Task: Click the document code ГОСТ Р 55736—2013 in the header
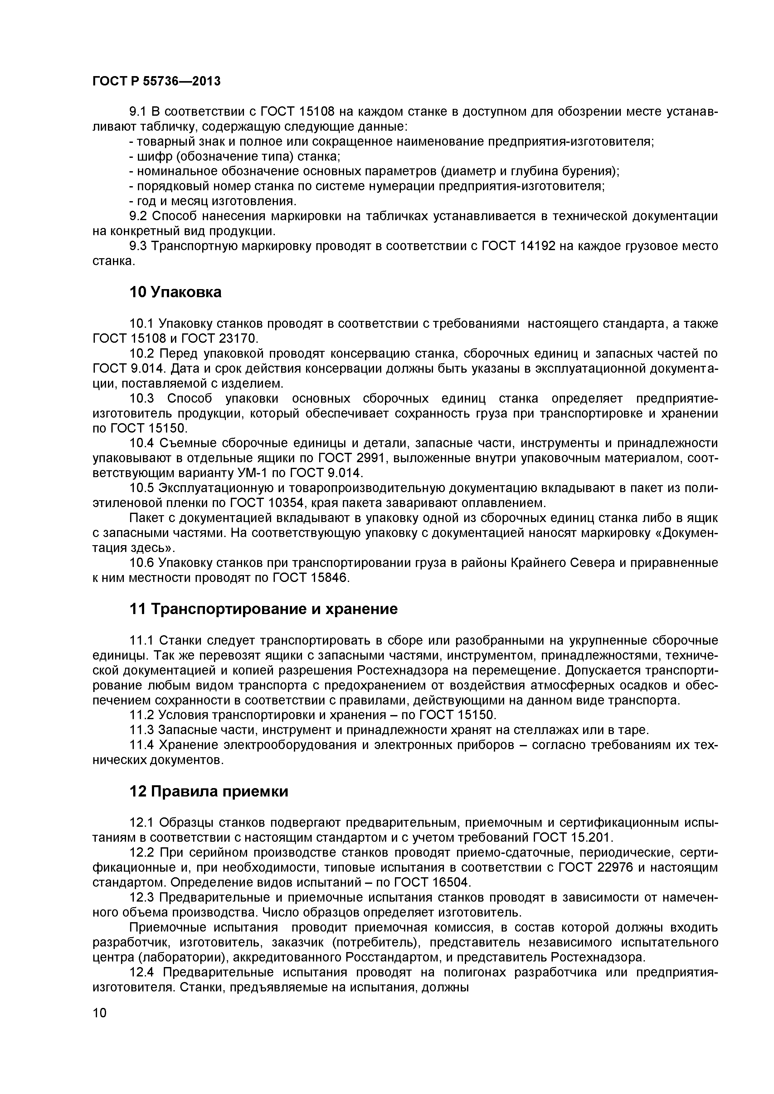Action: pyautogui.click(x=156, y=81)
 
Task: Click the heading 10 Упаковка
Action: pyautogui.click(x=175, y=292)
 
